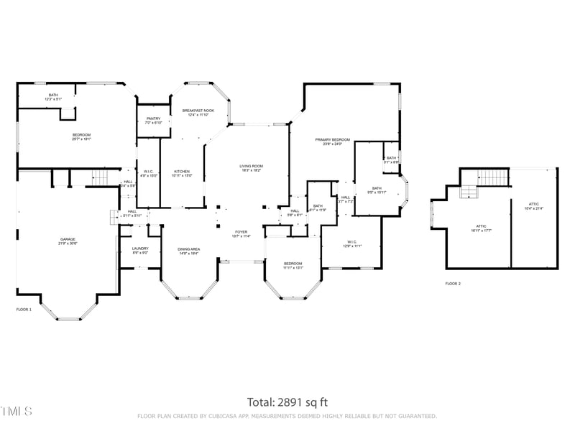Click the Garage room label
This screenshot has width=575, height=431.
(x=68, y=241)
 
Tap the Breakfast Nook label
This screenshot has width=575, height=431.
(x=198, y=113)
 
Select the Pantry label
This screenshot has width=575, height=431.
(x=153, y=120)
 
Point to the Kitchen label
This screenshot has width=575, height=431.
(x=182, y=173)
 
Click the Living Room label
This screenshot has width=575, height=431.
(x=251, y=168)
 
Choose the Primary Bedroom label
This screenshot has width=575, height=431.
(x=332, y=142)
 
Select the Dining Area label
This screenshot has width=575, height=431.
(x=189, y=251)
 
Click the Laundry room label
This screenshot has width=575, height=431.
(x=140, y=250)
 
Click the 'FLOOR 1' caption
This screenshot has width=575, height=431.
(x=24, y=310)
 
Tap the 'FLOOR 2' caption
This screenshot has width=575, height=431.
(x=453, y=284)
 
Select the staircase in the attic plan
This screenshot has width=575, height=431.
(x=493, y=177)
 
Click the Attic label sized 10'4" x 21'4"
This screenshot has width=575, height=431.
(x=533, y=206)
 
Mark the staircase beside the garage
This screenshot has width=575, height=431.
(x=101, y=177)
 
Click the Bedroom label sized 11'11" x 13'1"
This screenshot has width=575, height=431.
(x=293, y=265)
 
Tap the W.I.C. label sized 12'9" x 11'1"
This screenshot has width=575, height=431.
(x=352, y=244)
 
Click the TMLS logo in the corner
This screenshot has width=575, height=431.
(x=17, y=412)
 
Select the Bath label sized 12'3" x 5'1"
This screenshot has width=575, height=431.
(x=53, y=97)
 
